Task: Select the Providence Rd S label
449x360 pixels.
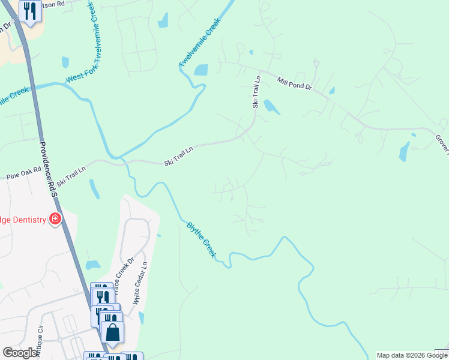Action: coord(47,169)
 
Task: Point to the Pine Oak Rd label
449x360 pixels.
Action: coord(24,174)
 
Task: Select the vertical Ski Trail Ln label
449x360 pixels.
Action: coord(256,91)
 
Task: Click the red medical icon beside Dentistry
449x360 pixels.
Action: coord(55,219)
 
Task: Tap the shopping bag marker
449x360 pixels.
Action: coord(112,332)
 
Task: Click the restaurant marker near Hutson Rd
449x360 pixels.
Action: coord(30,11)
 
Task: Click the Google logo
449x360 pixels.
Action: coord(20,353)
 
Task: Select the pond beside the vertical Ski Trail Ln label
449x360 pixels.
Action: coord(271,107)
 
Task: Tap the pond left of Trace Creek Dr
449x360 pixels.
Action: coord(92,265)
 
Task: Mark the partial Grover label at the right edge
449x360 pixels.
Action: coord(442,143)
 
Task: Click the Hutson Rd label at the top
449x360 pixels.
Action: coord(53,4)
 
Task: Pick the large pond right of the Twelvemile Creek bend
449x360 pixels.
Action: coord(200,70)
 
